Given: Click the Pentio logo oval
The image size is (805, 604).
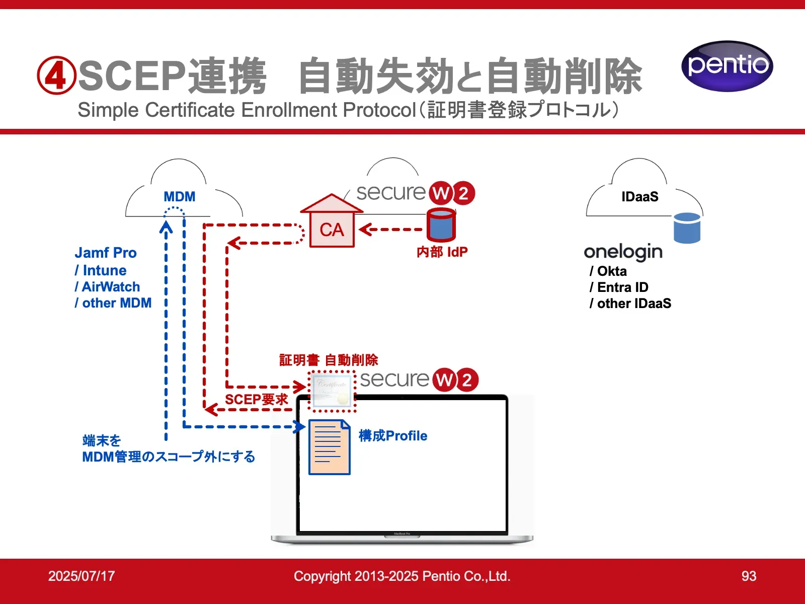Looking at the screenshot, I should tap(727, 66).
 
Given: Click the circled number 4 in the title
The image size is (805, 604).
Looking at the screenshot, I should tap(56, 75).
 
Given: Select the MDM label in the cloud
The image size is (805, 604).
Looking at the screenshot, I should tap(179, 196).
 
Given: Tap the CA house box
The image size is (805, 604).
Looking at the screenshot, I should tap(332, 229).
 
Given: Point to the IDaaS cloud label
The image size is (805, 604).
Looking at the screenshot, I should tap(639, 196).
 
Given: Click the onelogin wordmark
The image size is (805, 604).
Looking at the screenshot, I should tap(623, 252).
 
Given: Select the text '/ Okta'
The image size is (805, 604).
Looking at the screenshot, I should tap(608, 271).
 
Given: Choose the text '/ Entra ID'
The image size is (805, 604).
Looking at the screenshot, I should tap(619, 287).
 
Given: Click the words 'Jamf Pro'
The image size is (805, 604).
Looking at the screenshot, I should tap(106, 253).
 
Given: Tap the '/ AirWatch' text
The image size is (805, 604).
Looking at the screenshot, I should tap(107, 287).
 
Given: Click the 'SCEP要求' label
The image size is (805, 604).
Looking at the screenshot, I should tap(256, 400).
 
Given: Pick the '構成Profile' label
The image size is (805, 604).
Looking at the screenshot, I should tap(393, 436).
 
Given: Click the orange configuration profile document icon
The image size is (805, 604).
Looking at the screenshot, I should tap(330, 447).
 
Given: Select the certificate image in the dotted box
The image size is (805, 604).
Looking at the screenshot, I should tap(332, 391).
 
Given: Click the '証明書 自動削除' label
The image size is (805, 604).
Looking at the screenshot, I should tap(329, 360).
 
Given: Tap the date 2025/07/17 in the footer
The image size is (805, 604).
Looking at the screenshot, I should tap(82, 576).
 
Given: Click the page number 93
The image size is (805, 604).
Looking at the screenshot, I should tap(749, 576).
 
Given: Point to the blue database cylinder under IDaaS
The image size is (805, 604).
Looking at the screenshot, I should tap(687, 228).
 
